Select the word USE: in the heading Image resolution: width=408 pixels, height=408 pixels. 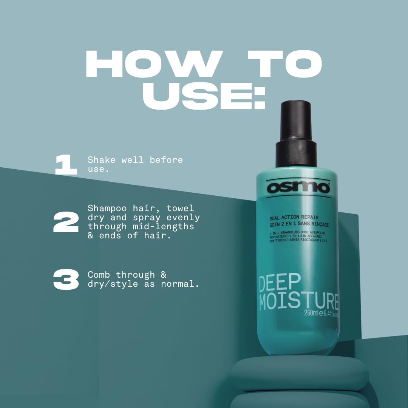[x=204, y=94]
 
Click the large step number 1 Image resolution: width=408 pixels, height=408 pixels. [x=66, y=165]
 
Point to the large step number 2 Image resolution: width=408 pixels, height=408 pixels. [x=66, y=222]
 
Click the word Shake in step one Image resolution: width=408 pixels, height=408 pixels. [x=102, y=160]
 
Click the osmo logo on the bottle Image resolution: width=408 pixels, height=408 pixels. [x=298, y=187]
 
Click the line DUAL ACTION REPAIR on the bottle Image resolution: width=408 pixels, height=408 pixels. [x=294, y=217]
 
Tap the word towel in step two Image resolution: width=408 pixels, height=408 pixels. [x=180, y=208]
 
